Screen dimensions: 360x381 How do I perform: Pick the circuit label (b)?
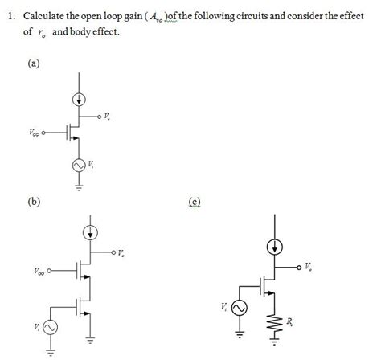(34, 202)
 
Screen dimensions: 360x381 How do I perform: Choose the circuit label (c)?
(195, 202)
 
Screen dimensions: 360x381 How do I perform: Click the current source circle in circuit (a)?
(79, 100)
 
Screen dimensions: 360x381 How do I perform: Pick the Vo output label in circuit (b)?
(121, 254)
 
